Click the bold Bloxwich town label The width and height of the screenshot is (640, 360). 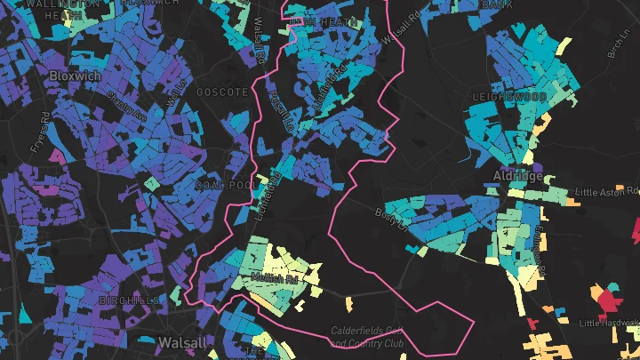coord(74,76)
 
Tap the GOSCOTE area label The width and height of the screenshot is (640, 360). coord(222,92)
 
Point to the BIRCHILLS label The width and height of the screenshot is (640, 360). coord(131,300)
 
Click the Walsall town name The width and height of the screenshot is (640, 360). coord(181,342)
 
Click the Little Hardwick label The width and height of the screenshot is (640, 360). coord(609,323)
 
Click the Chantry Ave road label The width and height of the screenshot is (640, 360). coord(123,106)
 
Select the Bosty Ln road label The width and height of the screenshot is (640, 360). coord(389,217)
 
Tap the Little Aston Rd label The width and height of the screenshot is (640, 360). coord(606,191)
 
